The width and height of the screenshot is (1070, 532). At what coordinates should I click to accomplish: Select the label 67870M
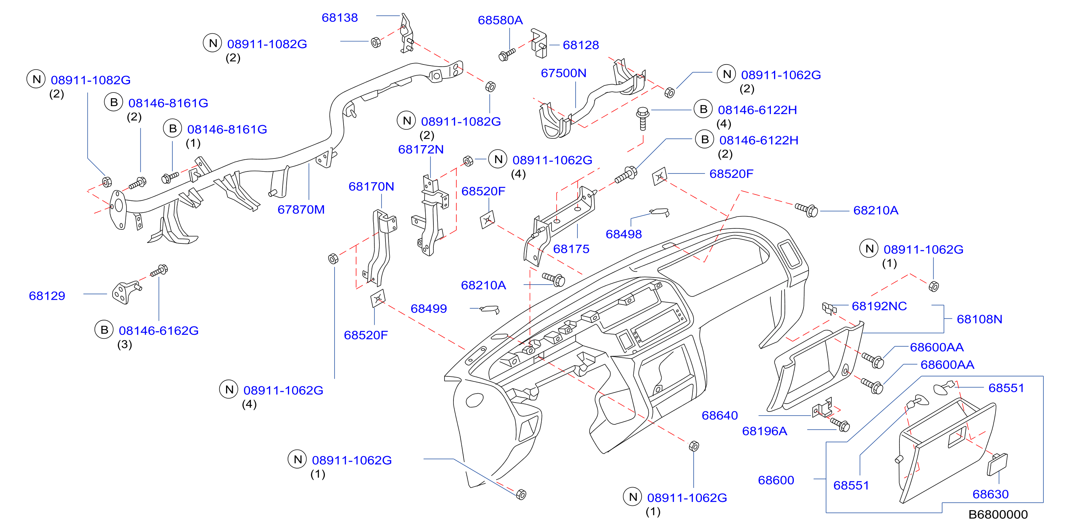click(x=301, y=209)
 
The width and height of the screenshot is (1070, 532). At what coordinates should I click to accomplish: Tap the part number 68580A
click(x=500, y=20)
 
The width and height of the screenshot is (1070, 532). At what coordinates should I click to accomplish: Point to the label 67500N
click(x=563, y=73)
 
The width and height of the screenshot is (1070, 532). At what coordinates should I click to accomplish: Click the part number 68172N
click(x=421, y=149)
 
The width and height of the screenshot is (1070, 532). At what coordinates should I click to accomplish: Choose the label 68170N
click(x=371, y=187)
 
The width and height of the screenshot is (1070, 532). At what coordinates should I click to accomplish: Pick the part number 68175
click(x=571, y=249)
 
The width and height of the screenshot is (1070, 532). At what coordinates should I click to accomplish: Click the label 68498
click(x=623, y=234)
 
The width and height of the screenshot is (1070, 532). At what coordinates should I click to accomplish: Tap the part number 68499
click(x=429, y=309)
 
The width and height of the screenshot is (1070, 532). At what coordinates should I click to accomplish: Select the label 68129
click(x=47, y=296)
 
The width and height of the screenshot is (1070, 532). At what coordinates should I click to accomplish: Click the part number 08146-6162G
click(x=159, y=331)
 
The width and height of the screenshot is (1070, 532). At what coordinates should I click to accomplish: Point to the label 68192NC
click(x=879, y=306)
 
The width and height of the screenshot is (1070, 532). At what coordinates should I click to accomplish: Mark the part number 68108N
click(x=979, y=319)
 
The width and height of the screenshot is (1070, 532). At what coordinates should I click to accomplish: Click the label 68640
click(x=719, y=415)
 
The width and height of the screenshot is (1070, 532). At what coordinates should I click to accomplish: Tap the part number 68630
click(x=990, y=494)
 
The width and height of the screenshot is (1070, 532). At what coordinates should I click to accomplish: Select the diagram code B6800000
click(x=998, y=514)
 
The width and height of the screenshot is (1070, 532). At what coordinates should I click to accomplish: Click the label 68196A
click(x=764, y=431)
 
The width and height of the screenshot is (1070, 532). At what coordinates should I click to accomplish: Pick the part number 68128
click(x=581, y=45)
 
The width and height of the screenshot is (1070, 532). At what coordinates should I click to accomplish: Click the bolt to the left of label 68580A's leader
click(x=506, y=54)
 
